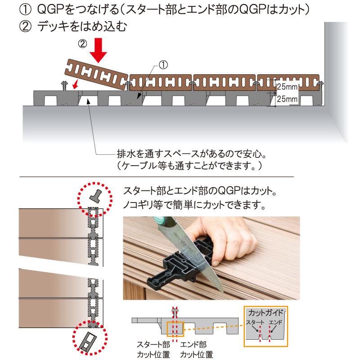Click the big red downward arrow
coord(98,50)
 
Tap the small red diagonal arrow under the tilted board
coord(75,84)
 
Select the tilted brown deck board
coord(96,75)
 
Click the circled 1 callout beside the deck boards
coord(163,65)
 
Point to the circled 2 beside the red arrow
coord(83,44)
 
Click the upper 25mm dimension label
coord(287,87)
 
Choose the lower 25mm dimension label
coord(287,99)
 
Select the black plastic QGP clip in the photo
coord(181,264)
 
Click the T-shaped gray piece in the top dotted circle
coord(95,196)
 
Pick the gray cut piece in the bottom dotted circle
coord(88,342)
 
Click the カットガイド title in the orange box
coord(266,312)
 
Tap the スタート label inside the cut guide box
coord(255,322)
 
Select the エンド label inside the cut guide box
coord(275,322)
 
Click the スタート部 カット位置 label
coord(153,350)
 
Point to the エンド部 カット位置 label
coord(197,350)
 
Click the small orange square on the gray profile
coord(175,329)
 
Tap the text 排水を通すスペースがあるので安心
coord(192,154)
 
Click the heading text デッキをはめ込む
coord(82,26)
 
